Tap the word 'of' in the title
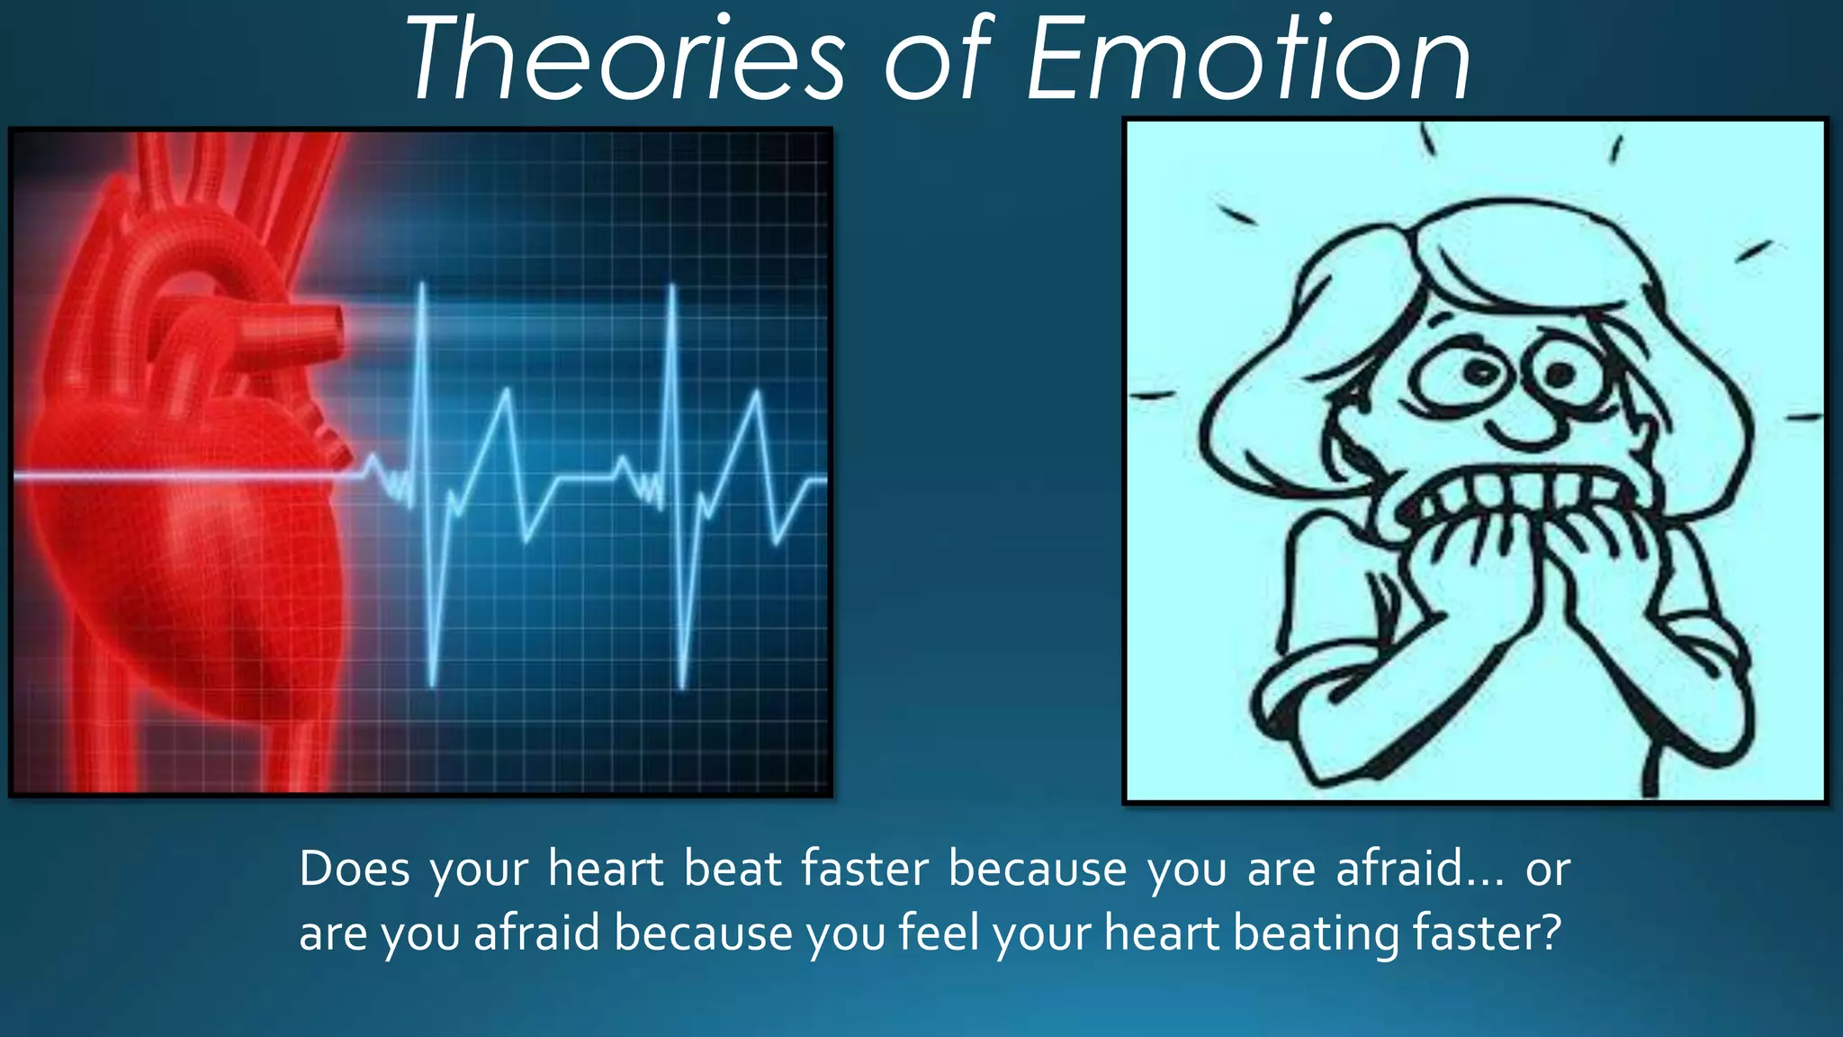(x=936, y=61)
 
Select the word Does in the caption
(x=355, y=870)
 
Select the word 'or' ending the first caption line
(x=1547, y=870)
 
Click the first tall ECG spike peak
(x=422, y=286)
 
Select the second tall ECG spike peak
(x=672, y=288)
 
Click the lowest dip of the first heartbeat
(x=433, y=684)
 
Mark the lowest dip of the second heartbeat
(x=682, y=686)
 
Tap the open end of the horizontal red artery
(x=335, y=330)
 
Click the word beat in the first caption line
(x=732, y=870)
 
